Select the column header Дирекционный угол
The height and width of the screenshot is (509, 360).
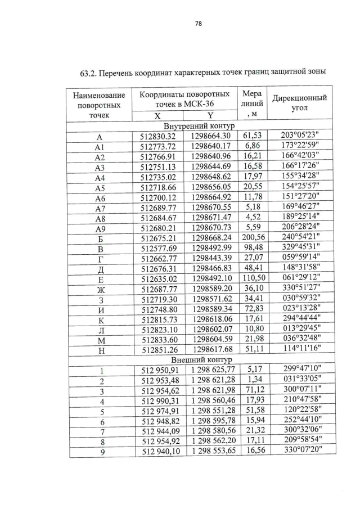coord(299,103)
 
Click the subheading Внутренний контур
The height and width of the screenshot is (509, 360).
coord(196,126)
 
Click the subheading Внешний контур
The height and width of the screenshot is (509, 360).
coord(196,359)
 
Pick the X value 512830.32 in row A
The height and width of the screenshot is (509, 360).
coord(158,136)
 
